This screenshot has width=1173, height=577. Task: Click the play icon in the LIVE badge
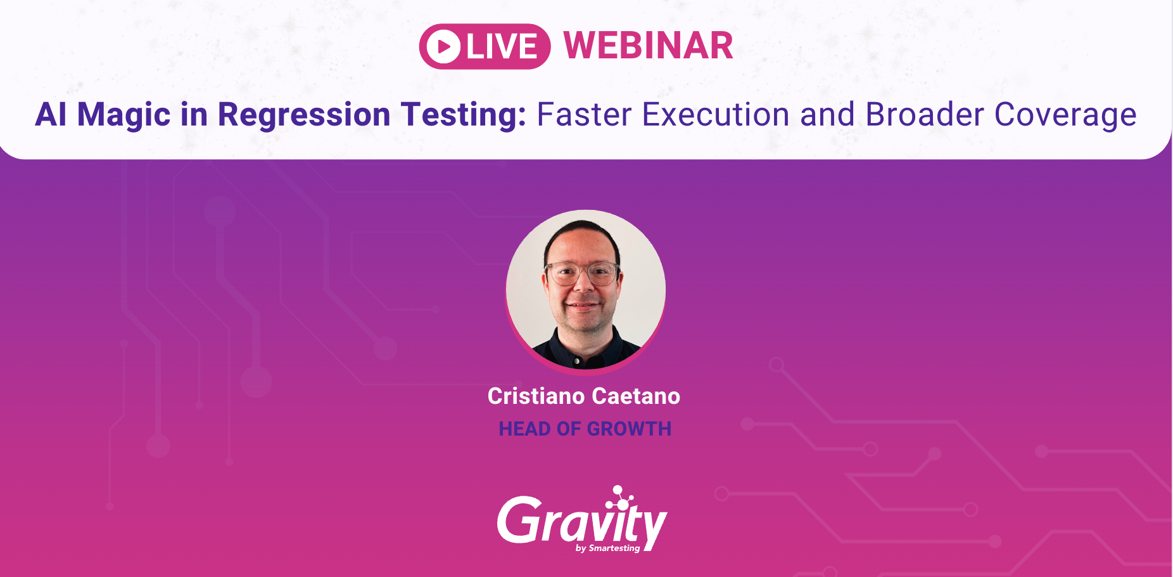443,46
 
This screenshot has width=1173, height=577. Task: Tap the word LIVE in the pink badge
502,46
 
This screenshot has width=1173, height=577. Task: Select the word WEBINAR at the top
648,46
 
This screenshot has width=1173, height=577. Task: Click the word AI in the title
51,115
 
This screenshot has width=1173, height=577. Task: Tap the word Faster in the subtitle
584,115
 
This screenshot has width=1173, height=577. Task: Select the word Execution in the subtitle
716,115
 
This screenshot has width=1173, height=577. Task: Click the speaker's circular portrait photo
585,290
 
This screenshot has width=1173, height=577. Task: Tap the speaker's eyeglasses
582,273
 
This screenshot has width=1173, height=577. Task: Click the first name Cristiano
536,396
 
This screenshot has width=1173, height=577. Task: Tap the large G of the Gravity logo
518,520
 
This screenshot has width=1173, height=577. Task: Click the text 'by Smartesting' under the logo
607,548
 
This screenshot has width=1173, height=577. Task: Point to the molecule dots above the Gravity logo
621,497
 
